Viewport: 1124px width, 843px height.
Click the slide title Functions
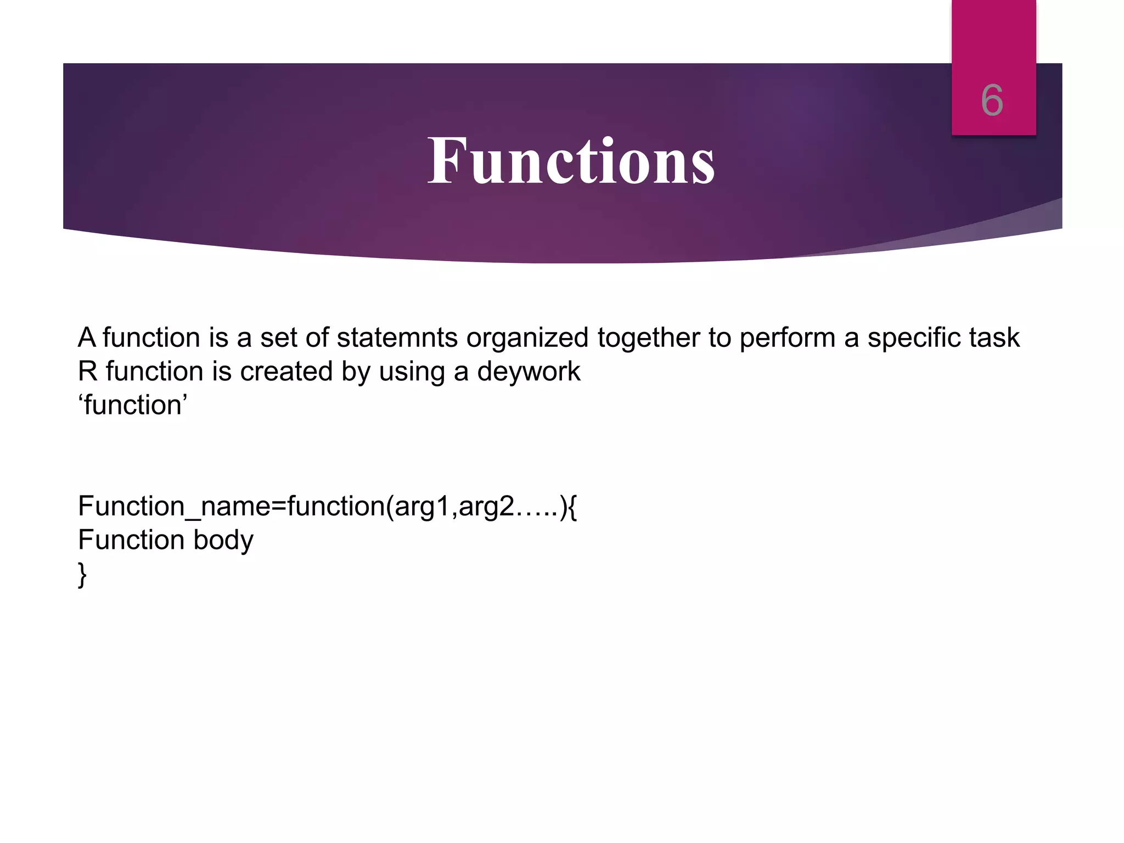point(571,161)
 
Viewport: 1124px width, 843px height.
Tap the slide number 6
point(992,100)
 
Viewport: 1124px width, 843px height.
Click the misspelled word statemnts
point(397,338)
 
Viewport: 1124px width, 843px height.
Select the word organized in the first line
point(527,339)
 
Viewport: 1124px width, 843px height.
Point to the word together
point(648,339)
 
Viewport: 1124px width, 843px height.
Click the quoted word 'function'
point(133,406)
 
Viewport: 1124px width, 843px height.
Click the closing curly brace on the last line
point(82,575)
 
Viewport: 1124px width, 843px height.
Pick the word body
point(223,541)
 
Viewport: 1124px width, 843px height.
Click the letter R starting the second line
point(87,372)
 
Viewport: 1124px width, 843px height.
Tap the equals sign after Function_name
point(279,507)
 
